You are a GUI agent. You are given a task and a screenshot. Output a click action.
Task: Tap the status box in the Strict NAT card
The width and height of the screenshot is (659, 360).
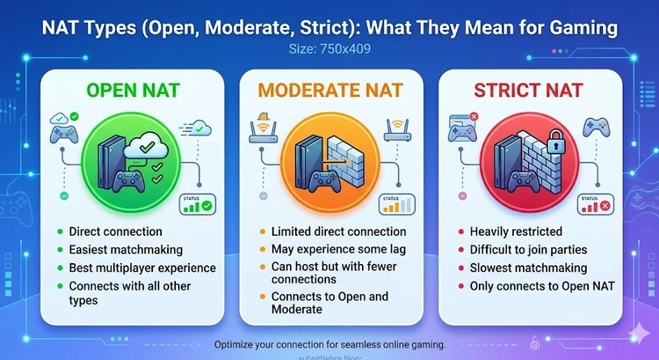point(598,203)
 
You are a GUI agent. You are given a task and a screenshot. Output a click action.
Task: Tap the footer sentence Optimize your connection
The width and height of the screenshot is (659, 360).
point(329,343)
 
